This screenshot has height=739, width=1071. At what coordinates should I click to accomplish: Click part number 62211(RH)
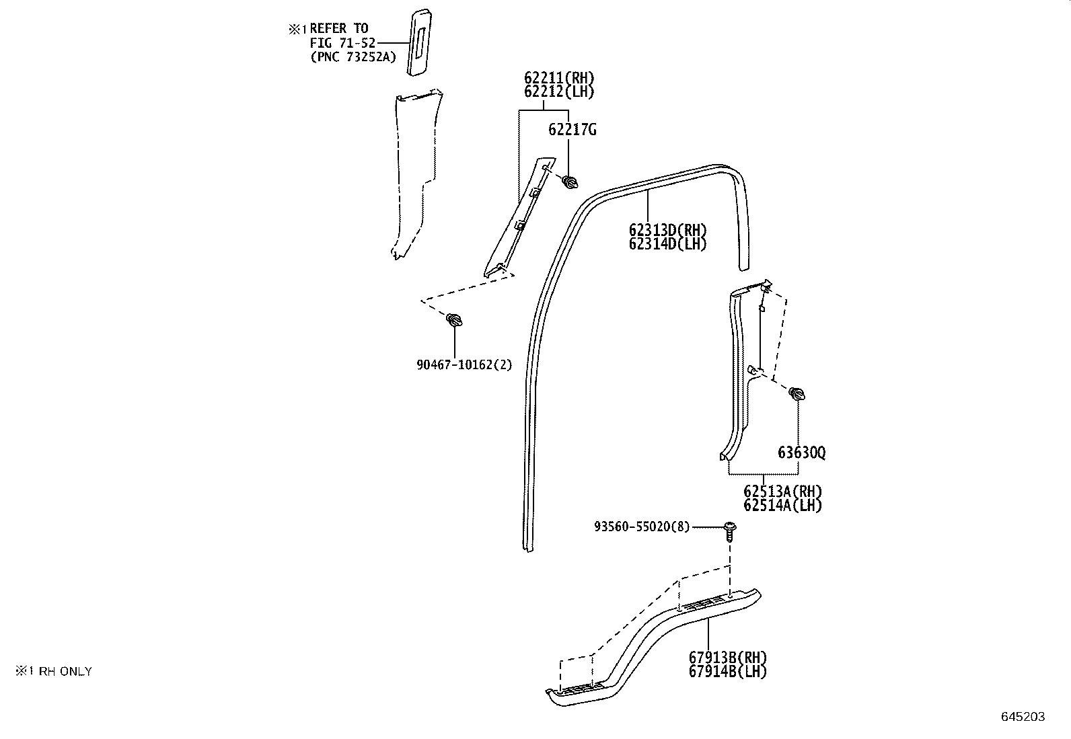(559, 77)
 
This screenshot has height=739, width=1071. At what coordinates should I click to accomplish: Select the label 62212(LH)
(559, 91)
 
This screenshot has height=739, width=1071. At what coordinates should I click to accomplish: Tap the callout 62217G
(573, 130)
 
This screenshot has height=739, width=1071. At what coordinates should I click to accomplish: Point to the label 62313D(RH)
(667, 231)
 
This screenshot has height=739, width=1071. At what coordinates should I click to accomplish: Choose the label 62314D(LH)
(667, 244)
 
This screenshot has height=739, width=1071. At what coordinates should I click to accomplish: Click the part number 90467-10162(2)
(464, 365)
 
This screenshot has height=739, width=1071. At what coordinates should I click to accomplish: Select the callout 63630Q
(802, 453)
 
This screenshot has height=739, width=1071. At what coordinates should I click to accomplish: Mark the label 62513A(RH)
(782, 492)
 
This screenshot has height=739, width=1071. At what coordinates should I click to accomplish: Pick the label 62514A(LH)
(782, 505)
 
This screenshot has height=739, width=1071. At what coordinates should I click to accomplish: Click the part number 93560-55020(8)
(642, 527)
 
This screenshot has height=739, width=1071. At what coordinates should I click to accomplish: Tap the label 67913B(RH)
(728, 658)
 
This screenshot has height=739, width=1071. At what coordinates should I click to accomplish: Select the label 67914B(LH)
(728, 672)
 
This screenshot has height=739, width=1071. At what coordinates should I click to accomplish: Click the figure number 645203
(1023, 717)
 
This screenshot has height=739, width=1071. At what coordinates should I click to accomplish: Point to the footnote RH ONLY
(65, 672)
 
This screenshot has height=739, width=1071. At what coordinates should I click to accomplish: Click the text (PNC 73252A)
(353, 57)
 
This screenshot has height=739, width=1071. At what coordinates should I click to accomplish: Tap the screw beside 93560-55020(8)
(730, 531)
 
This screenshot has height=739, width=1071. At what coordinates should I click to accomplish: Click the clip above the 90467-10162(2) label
(454, 319)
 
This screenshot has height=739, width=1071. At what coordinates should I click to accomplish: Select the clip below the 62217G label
(569, 182)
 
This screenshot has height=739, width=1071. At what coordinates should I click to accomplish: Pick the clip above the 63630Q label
(797, 393)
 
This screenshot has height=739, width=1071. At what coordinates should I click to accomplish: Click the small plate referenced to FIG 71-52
(419, 42)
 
